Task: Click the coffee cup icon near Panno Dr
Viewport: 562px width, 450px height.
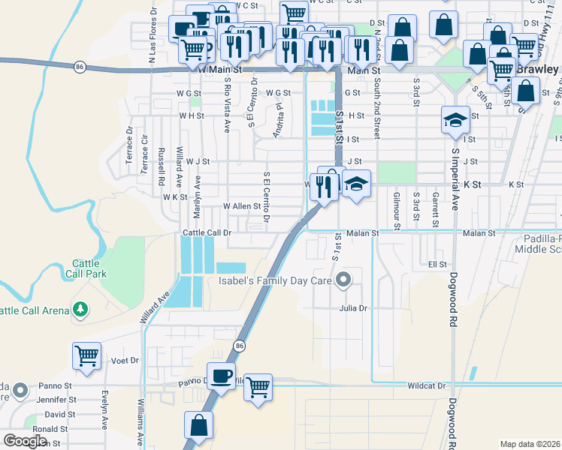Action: [x=220, y=375]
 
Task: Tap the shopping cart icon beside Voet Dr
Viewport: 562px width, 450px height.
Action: [x=87, y=355]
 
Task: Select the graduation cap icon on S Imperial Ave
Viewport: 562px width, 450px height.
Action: [x=455, y=120]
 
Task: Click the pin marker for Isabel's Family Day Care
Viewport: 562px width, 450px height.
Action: [x=344, y=280]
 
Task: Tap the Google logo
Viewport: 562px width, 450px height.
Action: [x=24, y=441]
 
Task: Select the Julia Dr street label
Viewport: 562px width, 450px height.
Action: [x=353, y=307]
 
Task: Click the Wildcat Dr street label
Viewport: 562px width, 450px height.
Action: [x=427, y=386]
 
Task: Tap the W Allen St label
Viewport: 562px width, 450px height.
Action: [x=241, y=205]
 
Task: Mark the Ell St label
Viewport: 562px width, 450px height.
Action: [x=437, y=265]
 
